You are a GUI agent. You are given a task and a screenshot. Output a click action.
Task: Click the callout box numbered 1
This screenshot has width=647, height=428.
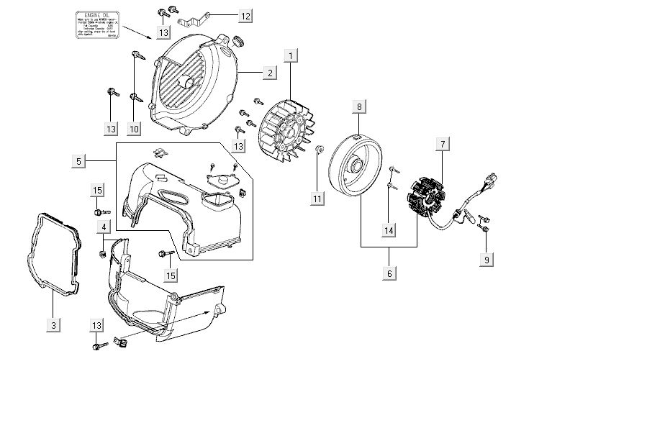click(291, 55)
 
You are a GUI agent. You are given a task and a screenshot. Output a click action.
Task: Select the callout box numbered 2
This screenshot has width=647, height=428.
click(269, 72)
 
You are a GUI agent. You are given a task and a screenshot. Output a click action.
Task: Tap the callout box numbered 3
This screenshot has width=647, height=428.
click(53, 325)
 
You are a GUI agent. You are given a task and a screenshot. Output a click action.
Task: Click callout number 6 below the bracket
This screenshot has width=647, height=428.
click(389, 273)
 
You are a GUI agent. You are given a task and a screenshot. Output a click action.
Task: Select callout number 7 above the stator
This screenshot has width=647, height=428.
click(443, 145)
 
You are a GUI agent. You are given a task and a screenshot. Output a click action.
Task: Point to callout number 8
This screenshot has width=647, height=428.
click(359, 107)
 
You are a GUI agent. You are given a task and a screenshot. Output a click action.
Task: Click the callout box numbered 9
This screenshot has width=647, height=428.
click(487, 260)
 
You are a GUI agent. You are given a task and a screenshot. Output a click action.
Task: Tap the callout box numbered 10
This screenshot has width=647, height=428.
click(134, 129)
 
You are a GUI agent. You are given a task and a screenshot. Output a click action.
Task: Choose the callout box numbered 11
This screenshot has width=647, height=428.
click(317, 198)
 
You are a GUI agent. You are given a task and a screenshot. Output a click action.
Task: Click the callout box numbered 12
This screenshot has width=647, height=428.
click(245, 14)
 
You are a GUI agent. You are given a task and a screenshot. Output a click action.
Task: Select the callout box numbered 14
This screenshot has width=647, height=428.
click(389, 231)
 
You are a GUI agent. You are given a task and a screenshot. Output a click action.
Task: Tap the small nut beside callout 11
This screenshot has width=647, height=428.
click(320, 149)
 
